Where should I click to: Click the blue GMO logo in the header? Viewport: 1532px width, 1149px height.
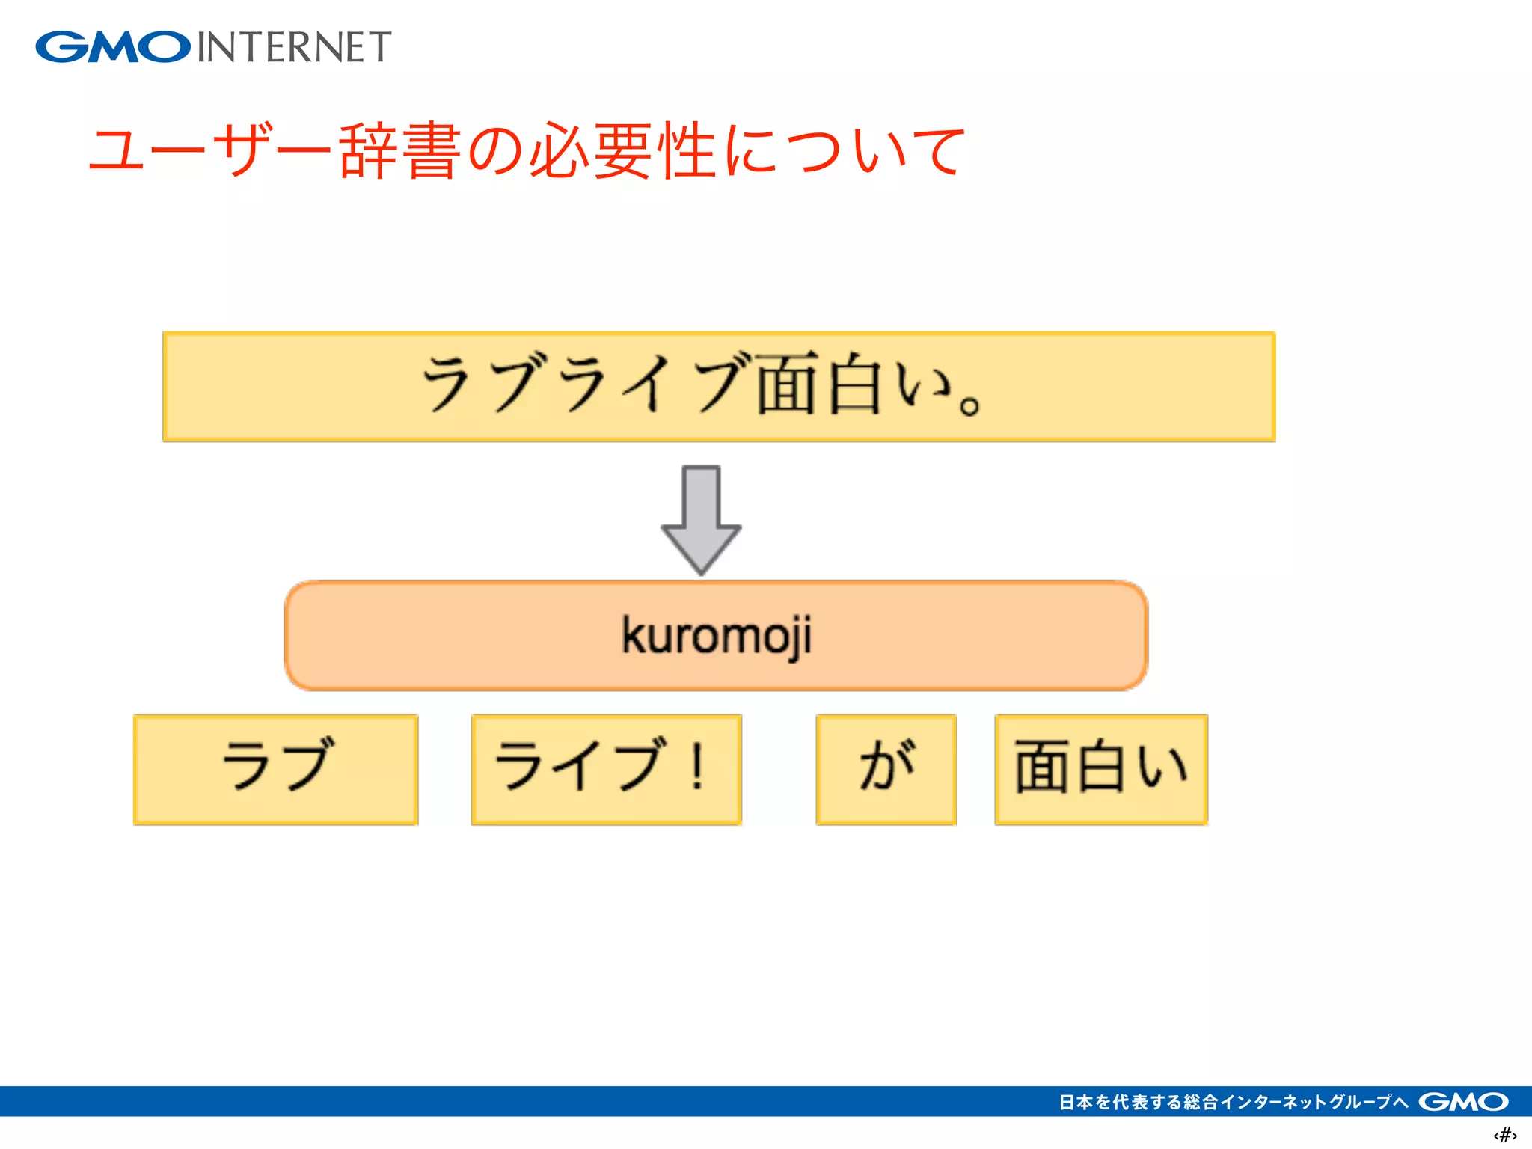pos(112,47)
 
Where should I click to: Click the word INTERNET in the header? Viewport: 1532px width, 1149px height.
pos(294,47)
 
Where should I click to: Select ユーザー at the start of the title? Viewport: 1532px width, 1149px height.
pos(209,151)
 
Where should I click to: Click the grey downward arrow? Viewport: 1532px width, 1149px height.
pos(701,520)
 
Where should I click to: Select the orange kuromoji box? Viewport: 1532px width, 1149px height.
pos(716,636)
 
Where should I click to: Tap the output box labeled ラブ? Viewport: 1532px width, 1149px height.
pos(276,769)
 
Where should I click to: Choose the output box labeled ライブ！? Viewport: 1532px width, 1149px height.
pos(606,769)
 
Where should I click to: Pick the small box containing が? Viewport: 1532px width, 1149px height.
pos(886,769)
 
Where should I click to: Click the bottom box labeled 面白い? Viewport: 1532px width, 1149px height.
pos(1101,769)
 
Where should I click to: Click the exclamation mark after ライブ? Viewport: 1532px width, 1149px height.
pos(697,765)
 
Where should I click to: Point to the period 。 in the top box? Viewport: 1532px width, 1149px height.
pos(969,405)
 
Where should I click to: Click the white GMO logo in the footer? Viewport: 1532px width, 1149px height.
pos(1463,1101)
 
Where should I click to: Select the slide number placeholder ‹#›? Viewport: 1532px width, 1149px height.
pos(1504,1135)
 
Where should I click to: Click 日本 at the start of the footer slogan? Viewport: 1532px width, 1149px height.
pos(1076,1102)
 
